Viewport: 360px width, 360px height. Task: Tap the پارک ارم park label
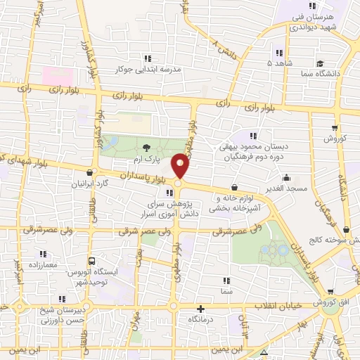pos(163,160)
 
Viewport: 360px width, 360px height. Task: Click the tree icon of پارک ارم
pos(146,148)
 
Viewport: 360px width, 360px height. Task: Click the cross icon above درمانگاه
pos(201,308)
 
